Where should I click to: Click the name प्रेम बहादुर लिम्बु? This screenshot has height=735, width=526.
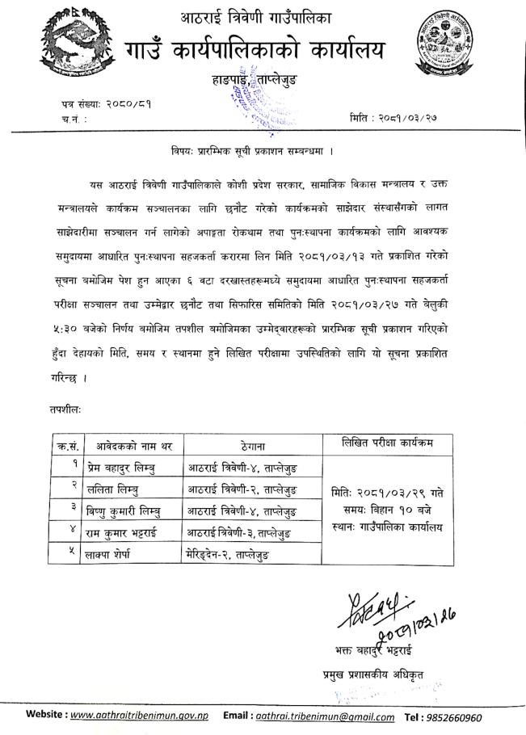tap(124, 469)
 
